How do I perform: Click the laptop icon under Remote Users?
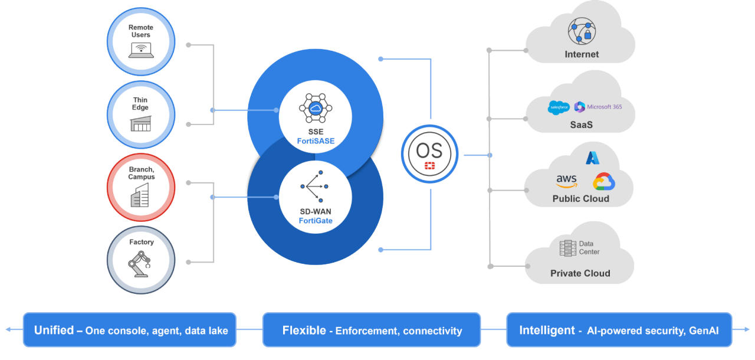[x=140, y=51]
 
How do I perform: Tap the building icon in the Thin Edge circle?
[x=140, y=123]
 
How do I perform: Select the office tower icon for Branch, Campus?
[x=140, y=195]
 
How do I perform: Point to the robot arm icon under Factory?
[x=140, y=264]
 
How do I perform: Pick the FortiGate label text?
[x=315, y=221]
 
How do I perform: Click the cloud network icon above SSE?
[x=315, y=108]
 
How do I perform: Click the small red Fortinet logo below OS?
[x=429, y=167]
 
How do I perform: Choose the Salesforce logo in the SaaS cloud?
[x=558, y=107]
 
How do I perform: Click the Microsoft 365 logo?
[x=598, y=107]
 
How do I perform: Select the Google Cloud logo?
[x=604, y=182]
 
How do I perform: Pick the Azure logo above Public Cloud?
[x=592, y=158]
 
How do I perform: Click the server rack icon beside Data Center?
[x=567, y=248]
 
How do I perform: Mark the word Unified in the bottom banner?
[x=54, y=330]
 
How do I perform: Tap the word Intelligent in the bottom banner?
[x=547, y=330]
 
